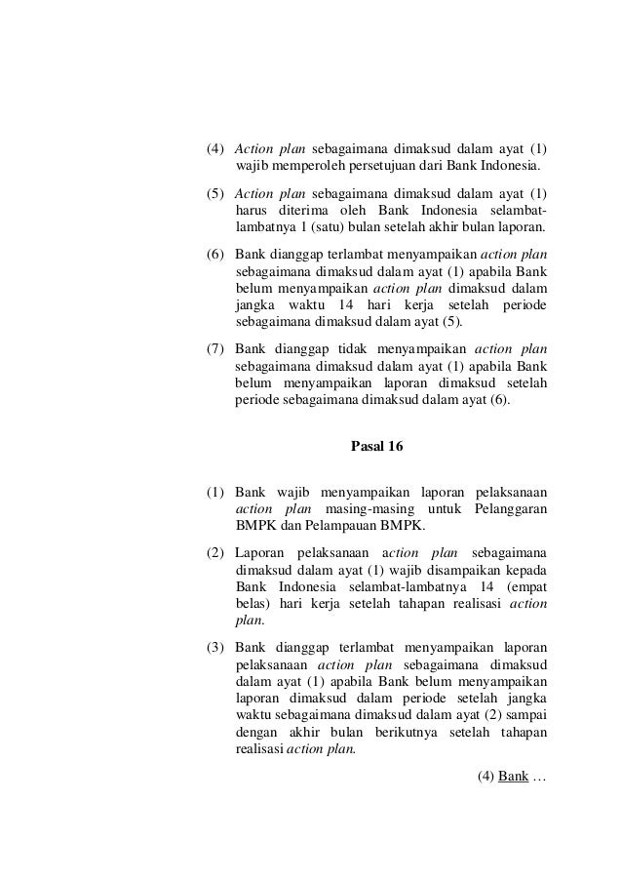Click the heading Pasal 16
pyautogui.click(x=375, y=448)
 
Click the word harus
pyautogui.click(x=252, y=211)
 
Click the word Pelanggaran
pyautogui.click(x=510, y=508)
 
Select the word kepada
pyautogui.click(x=525, y=567)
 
